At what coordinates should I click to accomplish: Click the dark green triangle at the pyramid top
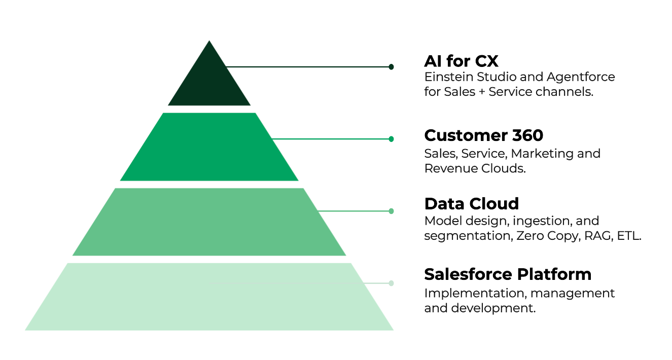coord(209,81)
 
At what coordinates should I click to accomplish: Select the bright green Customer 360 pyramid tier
coord(209,147)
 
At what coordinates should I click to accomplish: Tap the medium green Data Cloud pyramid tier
coord(209,222)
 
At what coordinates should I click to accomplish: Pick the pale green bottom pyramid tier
coord(209,297)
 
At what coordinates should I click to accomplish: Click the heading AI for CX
coord(461,61)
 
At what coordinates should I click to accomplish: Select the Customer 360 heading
coord(484,135)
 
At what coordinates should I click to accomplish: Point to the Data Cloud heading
coord(472,204)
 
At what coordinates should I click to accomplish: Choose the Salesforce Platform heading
coord(508,274)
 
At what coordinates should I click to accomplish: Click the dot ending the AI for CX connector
coord(391,67)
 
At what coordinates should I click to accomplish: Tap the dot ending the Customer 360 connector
coord(391,139)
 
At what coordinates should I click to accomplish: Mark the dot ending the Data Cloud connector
coord(391,211)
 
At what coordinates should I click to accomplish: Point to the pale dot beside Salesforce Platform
coord(391,283)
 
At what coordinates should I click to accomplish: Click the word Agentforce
coord(581,78)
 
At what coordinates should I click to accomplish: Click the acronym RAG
coord(597,236)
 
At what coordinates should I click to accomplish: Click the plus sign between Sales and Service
coord(482,92)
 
